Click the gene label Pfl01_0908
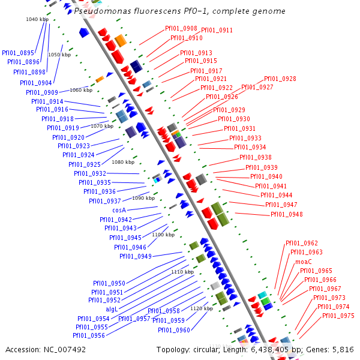point(181,29)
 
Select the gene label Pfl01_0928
point(280,79)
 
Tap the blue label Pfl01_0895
point(18,53)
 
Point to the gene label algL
point(112,310)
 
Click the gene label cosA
point(119,211)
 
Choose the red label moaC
point(303,262)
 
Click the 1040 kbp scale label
point(37,20)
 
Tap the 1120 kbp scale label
point(202,308)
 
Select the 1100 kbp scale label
point(163,235)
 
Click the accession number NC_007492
point(66,349)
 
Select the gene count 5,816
point(343,349)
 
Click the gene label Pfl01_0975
point(338,316)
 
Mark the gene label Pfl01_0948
point(286,215)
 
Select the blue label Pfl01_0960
point(174,330)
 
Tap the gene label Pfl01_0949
point(135,257)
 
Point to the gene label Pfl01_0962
point(302,244)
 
